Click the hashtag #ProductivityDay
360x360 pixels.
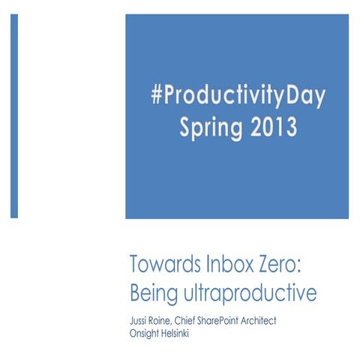point(238,98)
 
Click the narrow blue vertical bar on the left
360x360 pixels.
point(14,115)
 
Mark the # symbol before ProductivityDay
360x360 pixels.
point(157,98)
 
